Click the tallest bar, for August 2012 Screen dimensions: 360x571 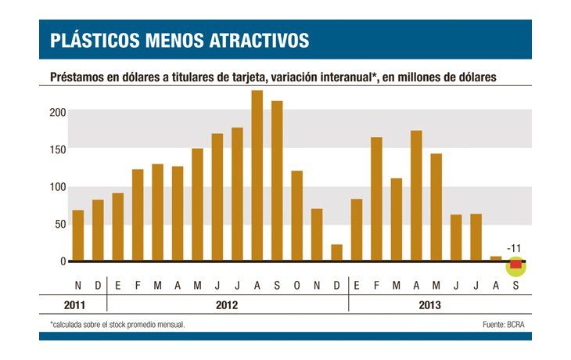[x=257, y=176]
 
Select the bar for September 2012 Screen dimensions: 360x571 [x=277, y=181]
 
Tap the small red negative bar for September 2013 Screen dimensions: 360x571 [x=515, y=265]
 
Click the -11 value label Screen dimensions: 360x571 [x=514, y=249]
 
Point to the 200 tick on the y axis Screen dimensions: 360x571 [x=53, y=112]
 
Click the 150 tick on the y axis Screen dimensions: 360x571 [x=53, y=149]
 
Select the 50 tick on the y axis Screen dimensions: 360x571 [x=56, y=224]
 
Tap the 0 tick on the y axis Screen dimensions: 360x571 [x=59, y=261]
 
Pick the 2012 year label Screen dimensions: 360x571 [x=227, y=304]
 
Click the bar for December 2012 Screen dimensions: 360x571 [x=336, y=253]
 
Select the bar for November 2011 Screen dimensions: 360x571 [x=77, y=236]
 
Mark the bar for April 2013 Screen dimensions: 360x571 [x=416, y=196]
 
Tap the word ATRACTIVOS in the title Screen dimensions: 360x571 [x=258, y=41]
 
